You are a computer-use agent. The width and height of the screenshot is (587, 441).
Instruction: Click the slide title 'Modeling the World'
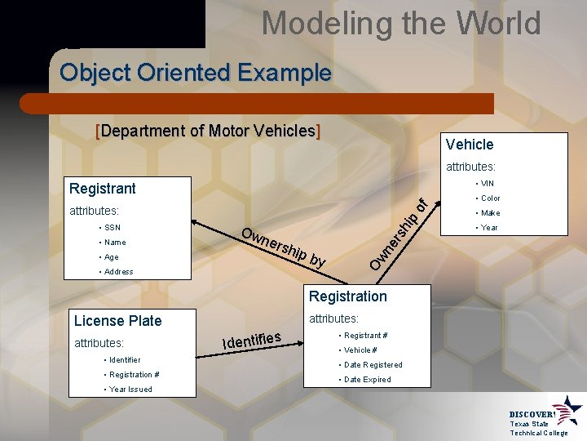pyautogui.click(x=400, y=23)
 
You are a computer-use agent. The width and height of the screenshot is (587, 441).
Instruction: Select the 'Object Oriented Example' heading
pyautogui.click(x=196, y=73)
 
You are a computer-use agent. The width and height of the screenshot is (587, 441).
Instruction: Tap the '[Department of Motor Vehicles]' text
pyautogui.click(x=208, y=131)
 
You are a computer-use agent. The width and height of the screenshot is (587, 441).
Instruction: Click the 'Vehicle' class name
pyautogui.click(x=470, y=145)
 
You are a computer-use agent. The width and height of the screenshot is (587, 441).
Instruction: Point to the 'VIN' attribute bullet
pyautogui.click(x=488, y=183)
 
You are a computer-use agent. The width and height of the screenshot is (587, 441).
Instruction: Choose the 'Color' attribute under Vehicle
pyautogui.click(x=490, y=198)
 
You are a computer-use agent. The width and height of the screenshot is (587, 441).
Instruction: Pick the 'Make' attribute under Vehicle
pyautogui.click(x=490, y=212)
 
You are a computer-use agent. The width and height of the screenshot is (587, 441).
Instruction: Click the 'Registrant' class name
pyautogui.click(x=103, y=189)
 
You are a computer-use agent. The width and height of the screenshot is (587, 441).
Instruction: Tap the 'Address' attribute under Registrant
pyautogui.click(x=118, y=271)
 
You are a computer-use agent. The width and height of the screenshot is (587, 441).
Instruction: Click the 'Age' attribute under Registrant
pyautogui.click(x=110, y=256)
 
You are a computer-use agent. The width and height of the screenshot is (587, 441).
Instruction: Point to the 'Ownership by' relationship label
pyautogui.click(x=285, y=247)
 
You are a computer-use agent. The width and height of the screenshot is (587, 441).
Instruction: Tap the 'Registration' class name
pyautogui.click(x=348, y=296)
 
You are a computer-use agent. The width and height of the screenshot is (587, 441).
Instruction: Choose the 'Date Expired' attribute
pyautogui.click(x=367, y=379)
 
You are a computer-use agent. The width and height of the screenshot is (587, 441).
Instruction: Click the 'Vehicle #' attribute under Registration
pyautogui.click(x=360, y=350)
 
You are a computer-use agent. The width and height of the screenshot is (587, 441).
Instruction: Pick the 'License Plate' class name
pyautogui.click(x=117, y=321)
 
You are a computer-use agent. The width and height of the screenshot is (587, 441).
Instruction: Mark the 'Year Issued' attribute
pyautogui.click(x=130, y=389)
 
